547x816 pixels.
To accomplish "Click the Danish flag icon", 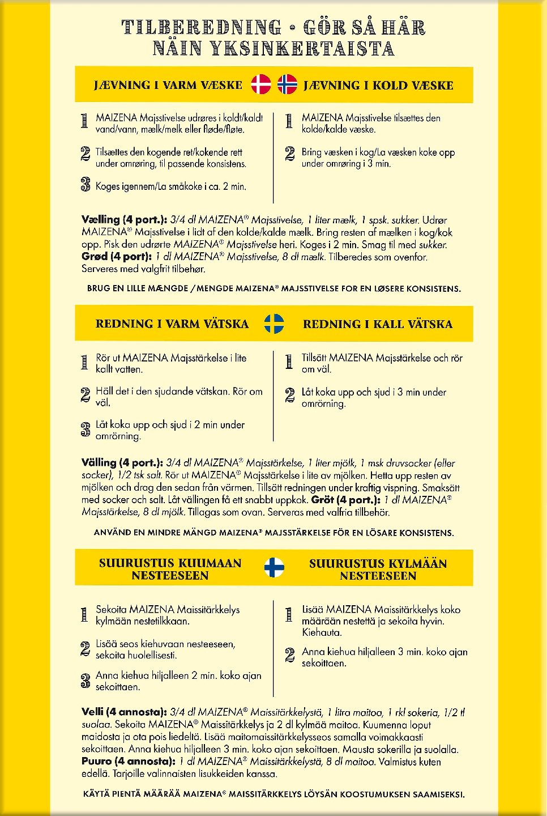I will click(x=261, y=84).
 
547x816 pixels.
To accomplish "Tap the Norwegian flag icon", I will click(x=287, y=84).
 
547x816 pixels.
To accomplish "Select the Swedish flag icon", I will click(x=274, y=324).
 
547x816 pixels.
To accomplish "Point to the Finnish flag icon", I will click(x=274, y=567).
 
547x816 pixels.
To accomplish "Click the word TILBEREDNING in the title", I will click(x=202, y=27).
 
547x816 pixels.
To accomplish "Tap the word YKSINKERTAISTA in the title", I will click(x=302, y=49).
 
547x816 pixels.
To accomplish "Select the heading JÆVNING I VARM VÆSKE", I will click(x=168, y=86).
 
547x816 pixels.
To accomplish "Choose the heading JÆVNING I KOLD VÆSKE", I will click(x=378, y=86).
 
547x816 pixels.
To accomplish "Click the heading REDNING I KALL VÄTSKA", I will click(x=378, y=324).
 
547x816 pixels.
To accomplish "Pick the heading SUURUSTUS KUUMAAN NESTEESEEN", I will click(x=170, y=569).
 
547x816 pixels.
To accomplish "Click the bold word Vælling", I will click(x=101, y=219).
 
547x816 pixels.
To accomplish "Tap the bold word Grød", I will click(x=94, y=256).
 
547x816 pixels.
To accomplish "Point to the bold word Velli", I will click(x=93, y=712).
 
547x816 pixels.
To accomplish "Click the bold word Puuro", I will click(x=96, y=761).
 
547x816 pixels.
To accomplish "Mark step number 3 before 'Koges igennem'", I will click(x=86, y=185).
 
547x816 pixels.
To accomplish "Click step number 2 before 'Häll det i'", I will click(x=86, y=395).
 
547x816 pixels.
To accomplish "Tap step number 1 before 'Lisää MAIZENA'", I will click(x=289, y=614).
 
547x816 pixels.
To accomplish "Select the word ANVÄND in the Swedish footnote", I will click(x=112, y=533).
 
